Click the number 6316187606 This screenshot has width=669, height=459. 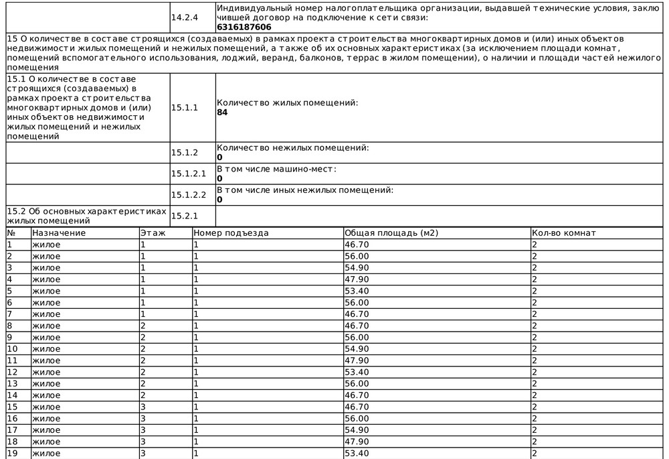244,27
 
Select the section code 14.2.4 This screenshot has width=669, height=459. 184,17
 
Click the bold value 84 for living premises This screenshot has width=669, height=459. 222,113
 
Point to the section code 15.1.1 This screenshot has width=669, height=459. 185,107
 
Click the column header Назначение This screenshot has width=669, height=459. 59,233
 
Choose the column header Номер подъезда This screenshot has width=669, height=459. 231,233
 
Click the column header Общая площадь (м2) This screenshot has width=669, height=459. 391,233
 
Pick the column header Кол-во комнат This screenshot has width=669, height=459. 563,233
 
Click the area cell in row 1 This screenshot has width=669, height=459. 356,245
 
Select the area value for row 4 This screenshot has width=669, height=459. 356,279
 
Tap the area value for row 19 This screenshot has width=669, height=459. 356,454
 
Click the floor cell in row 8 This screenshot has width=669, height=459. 142,326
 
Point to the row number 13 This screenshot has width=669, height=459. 12,384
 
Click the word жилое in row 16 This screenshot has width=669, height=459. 46,419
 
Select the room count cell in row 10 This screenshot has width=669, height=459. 535,349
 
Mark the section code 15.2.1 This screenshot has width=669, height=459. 185,216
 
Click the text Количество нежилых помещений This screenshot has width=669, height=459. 293,147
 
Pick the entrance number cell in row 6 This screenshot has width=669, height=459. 196,303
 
